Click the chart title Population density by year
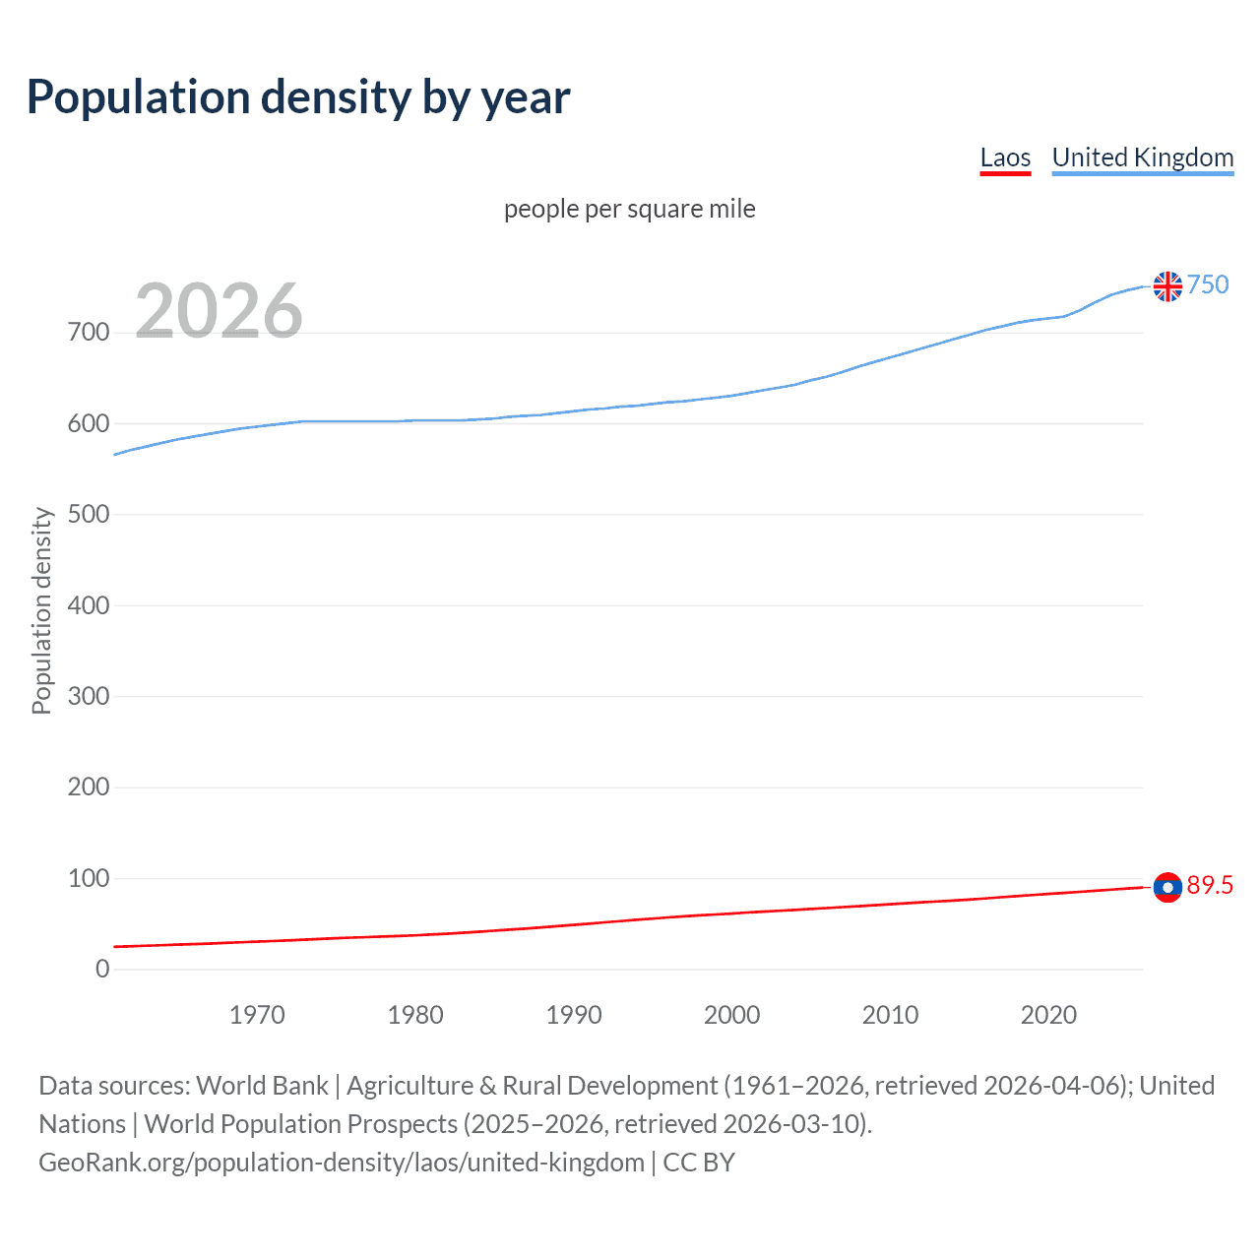(298, 97)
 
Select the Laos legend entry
(1005, 157)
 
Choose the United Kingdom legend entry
(1142, 157)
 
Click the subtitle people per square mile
(629, 209)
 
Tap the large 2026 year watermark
(219, 311)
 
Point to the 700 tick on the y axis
(89, 333)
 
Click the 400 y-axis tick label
(89, 605)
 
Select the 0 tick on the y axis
(102, 969)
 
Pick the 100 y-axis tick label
(89, 878)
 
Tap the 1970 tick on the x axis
(257, 1015)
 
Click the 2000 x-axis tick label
(731, 1015)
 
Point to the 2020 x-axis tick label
(1048, 1015)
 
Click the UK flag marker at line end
(1167, 286)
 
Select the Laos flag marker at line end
(1167, 887)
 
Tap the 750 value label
(1208, 284)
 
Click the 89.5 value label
(1210, 885)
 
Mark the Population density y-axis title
(41, 610)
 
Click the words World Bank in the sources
(262, 1086)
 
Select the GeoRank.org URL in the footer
(341, 1163)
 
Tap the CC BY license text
(699, 1163)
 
